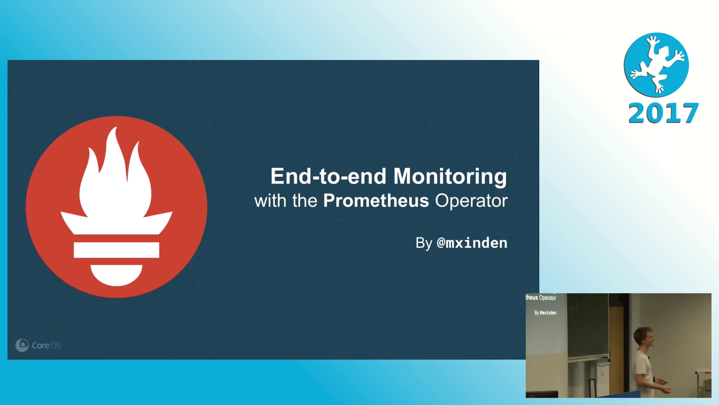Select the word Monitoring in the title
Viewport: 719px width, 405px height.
point(450,177)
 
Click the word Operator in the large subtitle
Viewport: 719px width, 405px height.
point(471,201)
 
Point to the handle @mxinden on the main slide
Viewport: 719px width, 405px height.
point(472,243)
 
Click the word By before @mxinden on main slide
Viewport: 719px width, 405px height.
point(424,243)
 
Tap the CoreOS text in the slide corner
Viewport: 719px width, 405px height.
point(46,345)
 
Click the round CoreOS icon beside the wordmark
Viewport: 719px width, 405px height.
point(22,345)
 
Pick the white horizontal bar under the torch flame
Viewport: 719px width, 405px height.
point(116,250)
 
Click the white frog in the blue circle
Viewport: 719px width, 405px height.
point(657,64)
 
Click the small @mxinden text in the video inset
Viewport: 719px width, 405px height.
point(548,313)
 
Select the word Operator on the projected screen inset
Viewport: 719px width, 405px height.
point(547,298)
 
